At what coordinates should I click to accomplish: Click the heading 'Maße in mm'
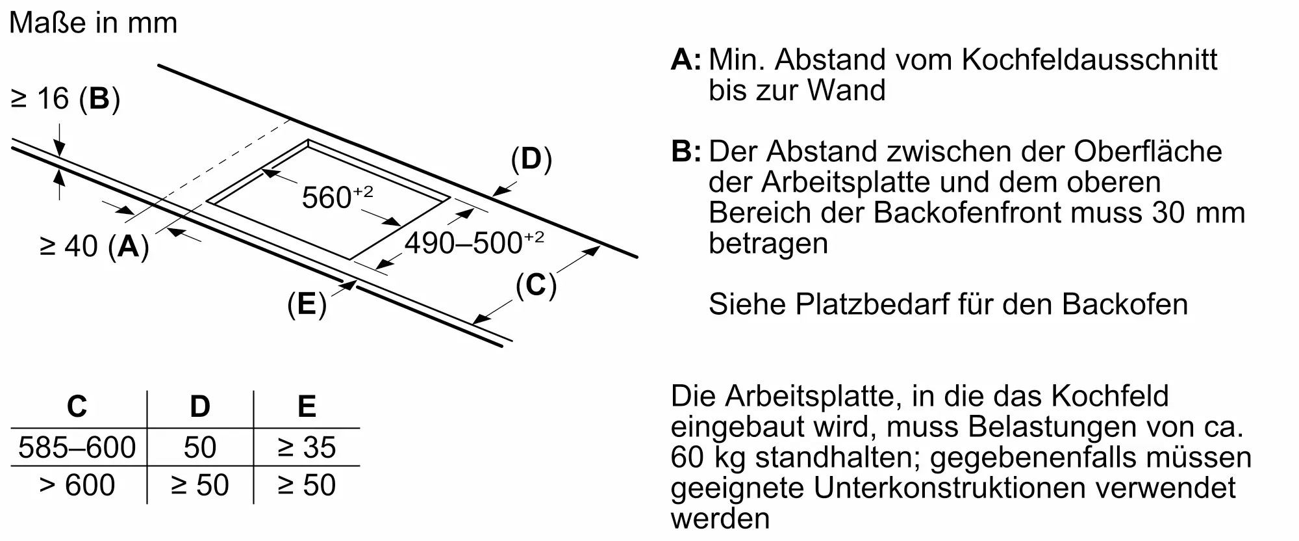94,23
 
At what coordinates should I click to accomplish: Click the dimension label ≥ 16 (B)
66,99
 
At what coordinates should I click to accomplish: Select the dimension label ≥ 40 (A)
94,246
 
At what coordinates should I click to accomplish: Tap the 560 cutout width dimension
338,196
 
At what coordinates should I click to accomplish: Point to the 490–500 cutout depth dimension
474,243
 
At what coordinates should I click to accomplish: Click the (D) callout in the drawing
531,159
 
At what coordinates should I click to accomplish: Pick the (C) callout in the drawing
536,285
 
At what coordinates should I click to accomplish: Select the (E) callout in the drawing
307,304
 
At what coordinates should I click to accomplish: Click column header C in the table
77,406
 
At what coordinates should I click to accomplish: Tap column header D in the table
200,406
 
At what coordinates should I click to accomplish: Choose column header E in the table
307,406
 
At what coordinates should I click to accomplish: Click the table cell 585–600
77,447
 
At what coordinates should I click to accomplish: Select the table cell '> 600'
77,485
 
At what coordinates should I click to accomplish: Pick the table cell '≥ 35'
307,447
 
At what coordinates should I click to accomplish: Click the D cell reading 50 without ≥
200,447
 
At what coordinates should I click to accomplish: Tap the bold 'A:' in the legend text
686,59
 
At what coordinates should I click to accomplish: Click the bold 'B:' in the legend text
686,152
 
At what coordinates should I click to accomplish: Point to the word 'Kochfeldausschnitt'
1090,59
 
